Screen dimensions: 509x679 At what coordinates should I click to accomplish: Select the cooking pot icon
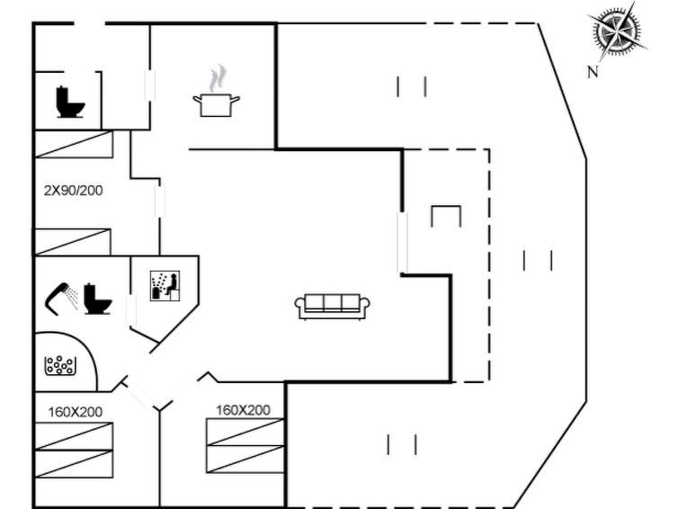point(216,103)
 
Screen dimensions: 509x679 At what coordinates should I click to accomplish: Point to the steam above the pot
point(216,77)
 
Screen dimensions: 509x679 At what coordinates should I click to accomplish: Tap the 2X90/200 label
point(72,191)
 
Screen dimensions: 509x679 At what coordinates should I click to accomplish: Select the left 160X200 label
point(75,412)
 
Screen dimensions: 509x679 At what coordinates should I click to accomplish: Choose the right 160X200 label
point(243,410)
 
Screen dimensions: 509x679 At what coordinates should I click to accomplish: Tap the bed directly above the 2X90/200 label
point(74,144)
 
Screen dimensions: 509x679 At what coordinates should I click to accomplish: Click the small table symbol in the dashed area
point(446,217)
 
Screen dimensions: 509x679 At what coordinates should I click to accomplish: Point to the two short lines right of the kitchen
point(411,87)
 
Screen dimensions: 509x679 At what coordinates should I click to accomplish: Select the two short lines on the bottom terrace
point(401,444)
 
